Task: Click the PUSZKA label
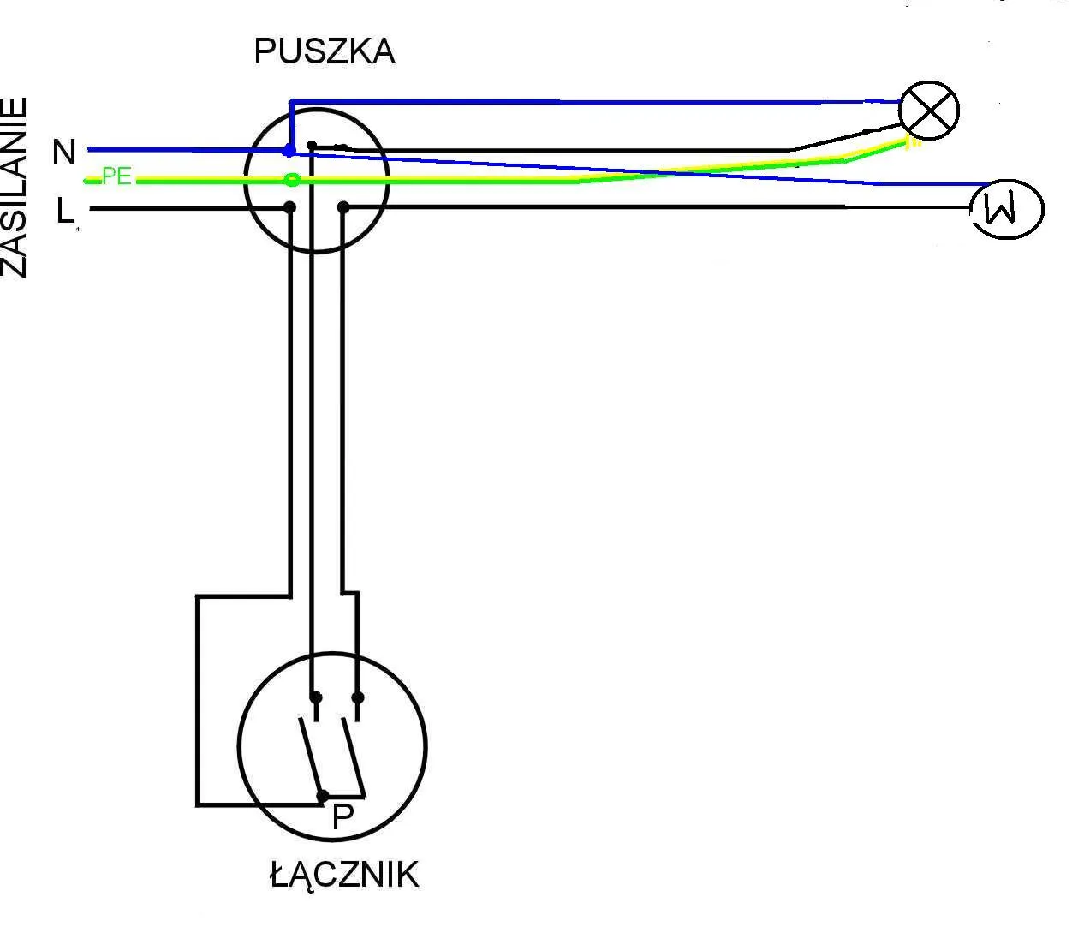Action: pos(324,52)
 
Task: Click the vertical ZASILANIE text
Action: pos(15,188)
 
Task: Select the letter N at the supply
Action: pos(64,153)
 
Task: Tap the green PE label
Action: pos(116,177)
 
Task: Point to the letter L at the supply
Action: pos(65,211)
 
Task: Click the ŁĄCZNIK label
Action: pos(344,876)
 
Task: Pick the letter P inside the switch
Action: pos(342,817)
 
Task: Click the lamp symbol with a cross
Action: pos(929,111)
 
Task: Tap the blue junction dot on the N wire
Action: pos(289,152)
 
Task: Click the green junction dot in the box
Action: pos(292,180)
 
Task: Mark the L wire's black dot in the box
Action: pos(290,207)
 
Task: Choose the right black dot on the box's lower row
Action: pos(343,207)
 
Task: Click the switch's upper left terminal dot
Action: pos(315,697)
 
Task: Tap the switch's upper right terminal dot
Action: pos(358,697)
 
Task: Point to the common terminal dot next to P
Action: pos(323,796)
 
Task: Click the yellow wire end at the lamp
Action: pos(913,142)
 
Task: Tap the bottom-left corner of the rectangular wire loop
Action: pos(198,804)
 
